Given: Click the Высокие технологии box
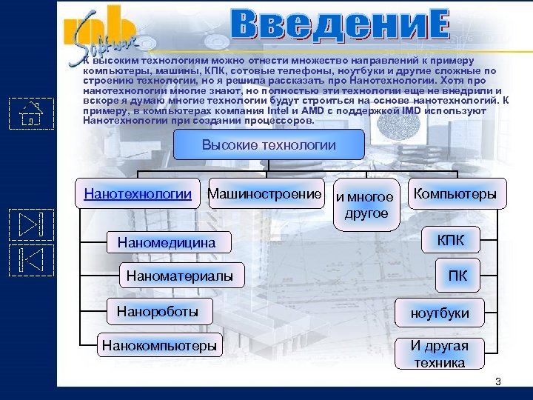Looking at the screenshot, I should [269, 145].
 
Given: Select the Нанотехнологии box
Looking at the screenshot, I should [138, 194].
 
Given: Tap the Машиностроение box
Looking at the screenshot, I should [266, 193].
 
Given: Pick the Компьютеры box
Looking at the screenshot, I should [455, 193].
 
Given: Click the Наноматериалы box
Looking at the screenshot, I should [179, 276].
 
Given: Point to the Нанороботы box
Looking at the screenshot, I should [157, 311].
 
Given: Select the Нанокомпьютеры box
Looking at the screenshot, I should [160, 344].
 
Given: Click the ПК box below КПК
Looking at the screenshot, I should [457, 276].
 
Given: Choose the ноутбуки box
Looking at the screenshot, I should [440, 313].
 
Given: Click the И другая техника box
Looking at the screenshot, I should [440, 354].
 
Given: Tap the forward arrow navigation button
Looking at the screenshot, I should [31, 225].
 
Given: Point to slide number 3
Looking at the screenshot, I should [497, 381].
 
